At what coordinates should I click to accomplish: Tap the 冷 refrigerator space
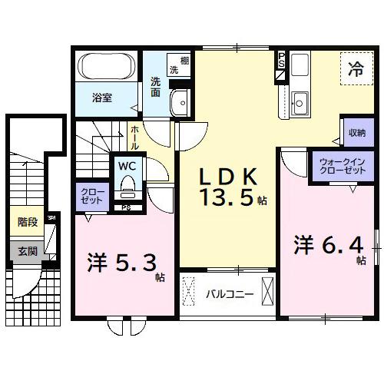click(x=356, y=68)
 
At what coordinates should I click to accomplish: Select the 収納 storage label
click(x=356, y=132)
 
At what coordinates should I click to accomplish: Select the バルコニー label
click(x=230, y=293)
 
